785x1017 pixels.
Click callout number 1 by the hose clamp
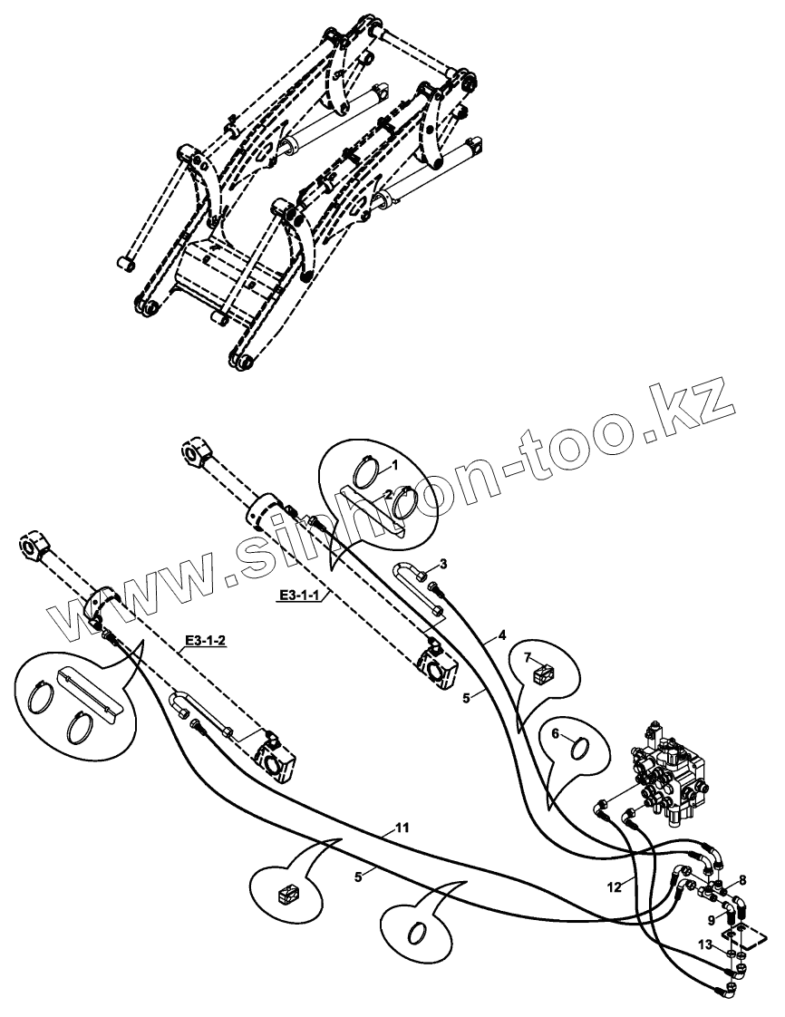(x=396, y=465)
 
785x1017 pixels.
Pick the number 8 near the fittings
(x=742, y=879)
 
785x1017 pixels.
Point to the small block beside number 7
(x=545, y=674)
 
